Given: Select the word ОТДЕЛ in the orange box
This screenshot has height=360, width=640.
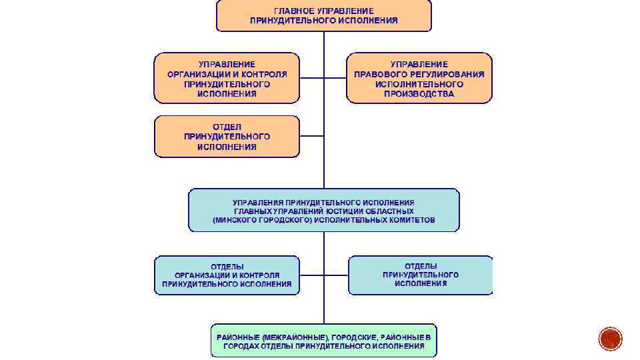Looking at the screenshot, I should pos(227,127).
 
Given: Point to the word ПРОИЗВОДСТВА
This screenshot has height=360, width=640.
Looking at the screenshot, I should pos(419,94).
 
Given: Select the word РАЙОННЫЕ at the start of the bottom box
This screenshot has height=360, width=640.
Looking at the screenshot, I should pos(238,337).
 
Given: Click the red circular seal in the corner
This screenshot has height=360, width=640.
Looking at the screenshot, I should pos(610,339).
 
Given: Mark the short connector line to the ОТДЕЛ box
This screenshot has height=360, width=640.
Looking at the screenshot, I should pos(311,136).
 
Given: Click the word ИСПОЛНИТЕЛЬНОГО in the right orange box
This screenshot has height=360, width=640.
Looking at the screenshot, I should pos(419,85).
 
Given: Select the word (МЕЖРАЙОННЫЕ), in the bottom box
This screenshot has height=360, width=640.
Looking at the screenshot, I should pos(296,337).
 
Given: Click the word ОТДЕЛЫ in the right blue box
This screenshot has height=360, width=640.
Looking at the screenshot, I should pos(420,265).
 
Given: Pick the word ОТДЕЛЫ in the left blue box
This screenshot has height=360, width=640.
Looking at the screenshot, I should pos(227,266).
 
